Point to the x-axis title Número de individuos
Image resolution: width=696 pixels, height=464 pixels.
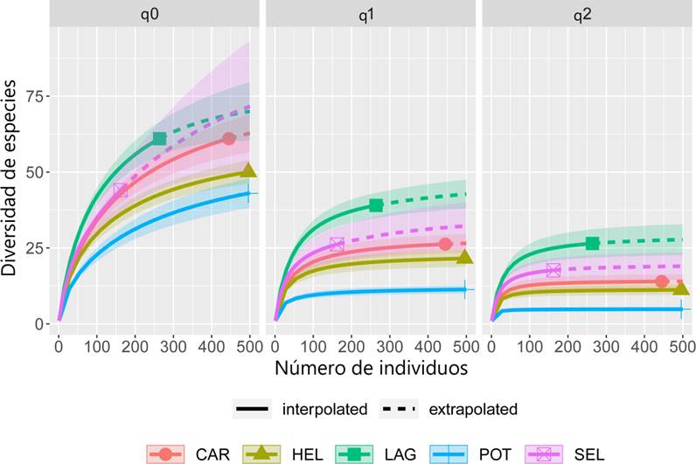pos(371,367)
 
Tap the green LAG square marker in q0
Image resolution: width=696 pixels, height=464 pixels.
pos(159,138)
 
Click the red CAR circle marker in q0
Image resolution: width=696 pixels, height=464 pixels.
pos(229,139)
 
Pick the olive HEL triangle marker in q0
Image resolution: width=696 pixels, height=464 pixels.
pos(248,171)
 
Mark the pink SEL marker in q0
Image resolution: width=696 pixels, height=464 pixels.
pos(121,190)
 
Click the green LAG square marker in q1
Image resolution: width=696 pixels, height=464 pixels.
pos(376,205)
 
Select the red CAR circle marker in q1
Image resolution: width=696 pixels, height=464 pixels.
pos(445,244)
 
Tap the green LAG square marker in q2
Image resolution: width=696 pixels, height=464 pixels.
pos(592,243)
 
